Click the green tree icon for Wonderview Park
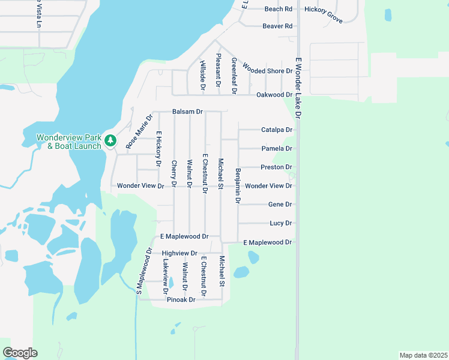110,140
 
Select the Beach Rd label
278,9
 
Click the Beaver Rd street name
277,26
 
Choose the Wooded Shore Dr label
267,71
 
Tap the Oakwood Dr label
274,95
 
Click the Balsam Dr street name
188,112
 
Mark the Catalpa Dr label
276,130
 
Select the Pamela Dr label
277,148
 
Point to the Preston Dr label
276,167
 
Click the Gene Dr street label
280,205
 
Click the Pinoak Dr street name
181,299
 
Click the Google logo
20,353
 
